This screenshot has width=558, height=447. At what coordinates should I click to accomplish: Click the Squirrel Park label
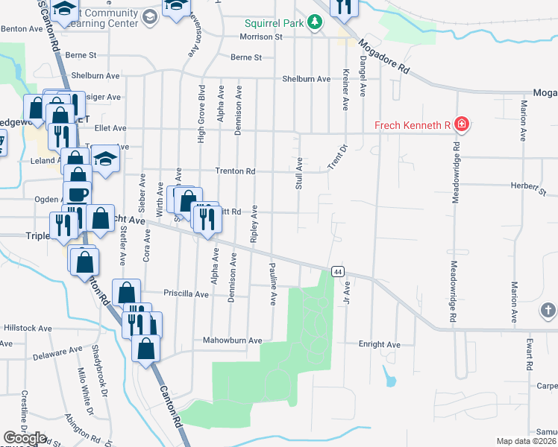coord(272,23)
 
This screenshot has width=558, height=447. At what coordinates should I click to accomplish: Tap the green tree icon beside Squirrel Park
coord(316,23)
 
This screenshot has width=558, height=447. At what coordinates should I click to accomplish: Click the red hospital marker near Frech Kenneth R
coord(462,124)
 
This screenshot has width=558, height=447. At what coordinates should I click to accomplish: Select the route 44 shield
coord(339,272)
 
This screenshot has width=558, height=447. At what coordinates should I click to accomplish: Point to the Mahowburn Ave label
coord(233,340)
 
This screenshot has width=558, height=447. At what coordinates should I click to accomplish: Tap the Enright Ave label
coord(380,345)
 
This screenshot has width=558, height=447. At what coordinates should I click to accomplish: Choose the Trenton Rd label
coord(235,171)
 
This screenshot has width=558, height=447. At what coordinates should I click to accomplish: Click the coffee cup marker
coord(77,196)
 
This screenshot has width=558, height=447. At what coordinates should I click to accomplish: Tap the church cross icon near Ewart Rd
coord(548,309)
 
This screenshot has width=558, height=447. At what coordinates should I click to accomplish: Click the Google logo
coord(25,438)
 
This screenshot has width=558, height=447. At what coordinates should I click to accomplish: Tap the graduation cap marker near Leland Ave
coord(105,159)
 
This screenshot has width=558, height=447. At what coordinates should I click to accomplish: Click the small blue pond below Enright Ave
coord(389,378)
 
